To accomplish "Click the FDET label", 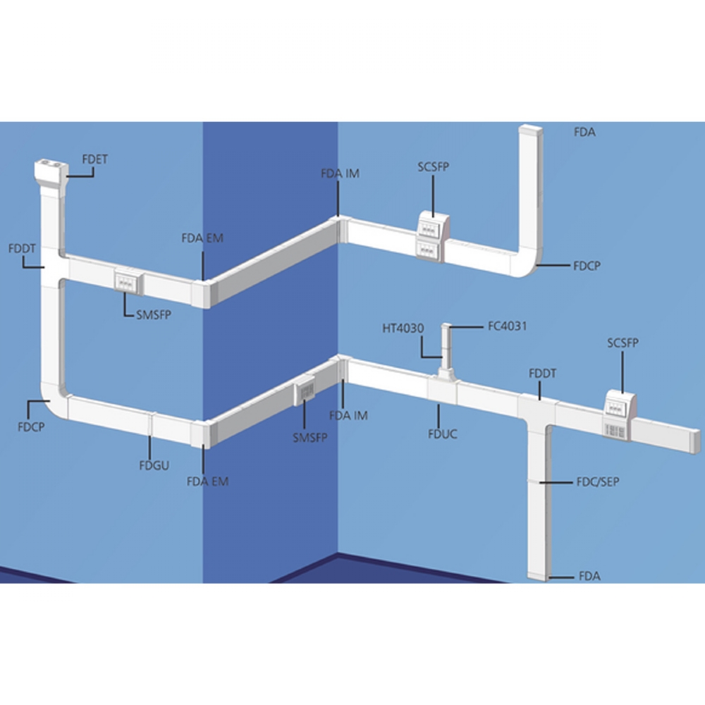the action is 95,159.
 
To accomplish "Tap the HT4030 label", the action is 403,329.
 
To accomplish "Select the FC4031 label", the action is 507,326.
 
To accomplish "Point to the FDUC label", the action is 443,434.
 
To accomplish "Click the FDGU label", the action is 154,465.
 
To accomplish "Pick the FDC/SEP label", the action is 598,482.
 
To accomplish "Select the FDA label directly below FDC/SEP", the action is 589,576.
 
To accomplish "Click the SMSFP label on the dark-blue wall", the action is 309,438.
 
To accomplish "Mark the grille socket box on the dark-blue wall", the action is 305,391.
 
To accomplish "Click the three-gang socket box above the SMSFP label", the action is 128,282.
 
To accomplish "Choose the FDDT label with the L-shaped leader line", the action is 22,248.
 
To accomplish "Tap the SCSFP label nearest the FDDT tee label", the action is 623,343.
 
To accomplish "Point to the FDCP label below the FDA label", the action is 587,266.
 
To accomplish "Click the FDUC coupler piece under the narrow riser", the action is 443,388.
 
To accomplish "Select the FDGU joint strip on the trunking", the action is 152,425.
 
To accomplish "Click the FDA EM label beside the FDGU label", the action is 208,482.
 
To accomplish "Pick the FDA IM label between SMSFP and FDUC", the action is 348,415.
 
